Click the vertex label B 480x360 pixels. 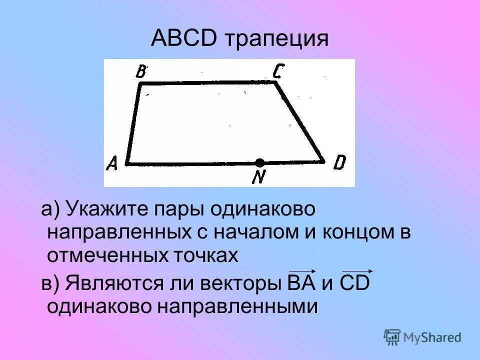pos(141,72)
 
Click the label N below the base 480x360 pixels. pos(258,176)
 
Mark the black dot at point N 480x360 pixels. pos(259,162)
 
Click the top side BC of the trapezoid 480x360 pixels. pos(207,83)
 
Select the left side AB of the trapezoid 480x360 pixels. pos(134,123)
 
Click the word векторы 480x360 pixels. pos(237,283)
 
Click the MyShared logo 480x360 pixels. pos(422,337)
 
